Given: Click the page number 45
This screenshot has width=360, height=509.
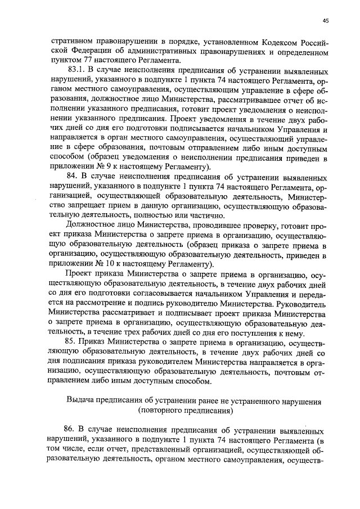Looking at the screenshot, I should pos(325,21).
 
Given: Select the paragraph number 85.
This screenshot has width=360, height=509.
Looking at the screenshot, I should pos(74,344).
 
